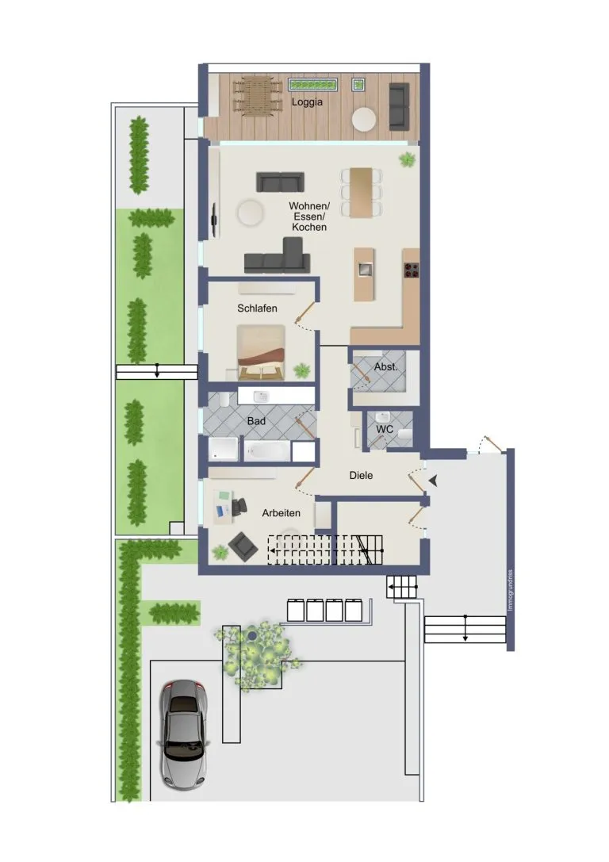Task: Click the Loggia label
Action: point(307,102)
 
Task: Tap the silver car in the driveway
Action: point(183,735)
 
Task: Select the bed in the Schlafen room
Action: point(261,352)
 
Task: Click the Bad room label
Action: point(256,421)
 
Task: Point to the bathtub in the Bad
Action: point(266,451)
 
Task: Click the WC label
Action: point(385,429)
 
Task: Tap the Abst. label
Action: point(385,366)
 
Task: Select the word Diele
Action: point(361,476)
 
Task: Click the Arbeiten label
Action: point(281,513)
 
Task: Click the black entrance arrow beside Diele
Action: point(434,481)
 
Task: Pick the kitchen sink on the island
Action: point(365,270)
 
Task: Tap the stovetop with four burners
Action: point(412,270)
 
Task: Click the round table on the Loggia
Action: point(364,119)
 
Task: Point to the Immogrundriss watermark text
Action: point(510,591)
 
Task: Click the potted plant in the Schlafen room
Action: point(301,371)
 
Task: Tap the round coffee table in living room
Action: point(251,212)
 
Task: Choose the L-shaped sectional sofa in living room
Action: point(278,255)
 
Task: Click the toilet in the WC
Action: point(405,435)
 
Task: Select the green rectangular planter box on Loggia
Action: point(313,85)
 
